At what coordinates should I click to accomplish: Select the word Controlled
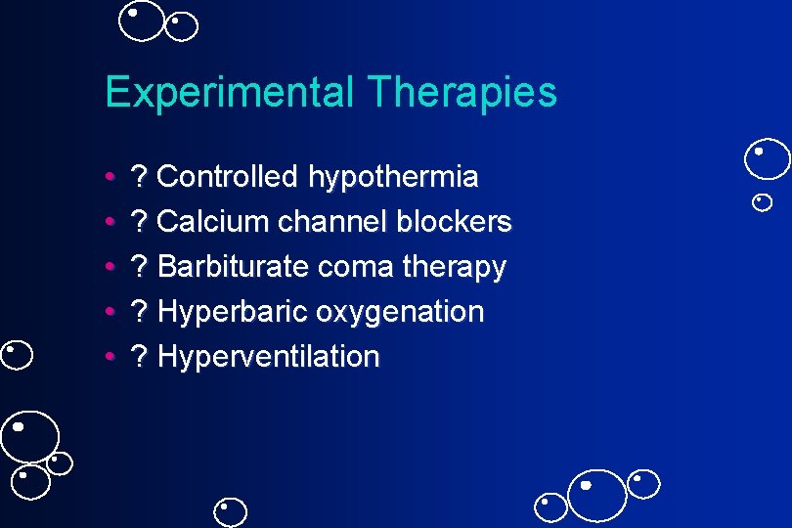point(227,177)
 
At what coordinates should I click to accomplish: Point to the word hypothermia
point(393,178)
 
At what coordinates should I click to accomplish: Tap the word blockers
point(454,222)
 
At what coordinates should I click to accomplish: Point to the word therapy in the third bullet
point(455,268)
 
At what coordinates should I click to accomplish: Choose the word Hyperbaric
point(232,313)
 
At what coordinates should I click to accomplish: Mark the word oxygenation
point(400,313)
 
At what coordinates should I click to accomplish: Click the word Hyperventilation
point(268,357)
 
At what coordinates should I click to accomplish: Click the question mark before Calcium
point(140,222)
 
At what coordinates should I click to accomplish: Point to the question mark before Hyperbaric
point(140,312)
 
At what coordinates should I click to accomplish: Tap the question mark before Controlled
point(140,177)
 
